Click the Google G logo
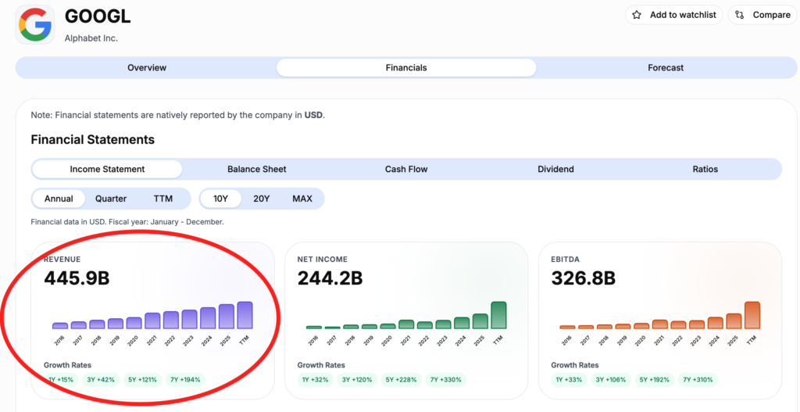35,24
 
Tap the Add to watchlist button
674,15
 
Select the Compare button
762,15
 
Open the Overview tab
147,68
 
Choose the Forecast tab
666,68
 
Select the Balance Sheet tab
256,169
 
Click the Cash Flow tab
406,169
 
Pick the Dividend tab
555,169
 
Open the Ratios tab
705,169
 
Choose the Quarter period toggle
111,199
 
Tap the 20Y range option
261,199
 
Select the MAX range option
302,199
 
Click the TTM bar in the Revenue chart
245,315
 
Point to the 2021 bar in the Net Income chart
406,324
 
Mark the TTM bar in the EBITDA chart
752,315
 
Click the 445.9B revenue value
77,278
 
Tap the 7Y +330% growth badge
446,380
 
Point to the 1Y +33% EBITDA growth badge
569,380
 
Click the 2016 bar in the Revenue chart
59,326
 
